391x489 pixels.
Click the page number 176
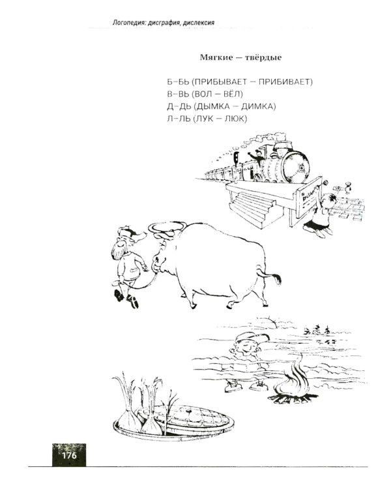(x=69, y=456)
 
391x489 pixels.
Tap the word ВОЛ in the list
(x=203, y=94)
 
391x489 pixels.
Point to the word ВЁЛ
(x=231, y=93)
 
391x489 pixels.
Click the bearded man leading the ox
(x=128, y=265)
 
